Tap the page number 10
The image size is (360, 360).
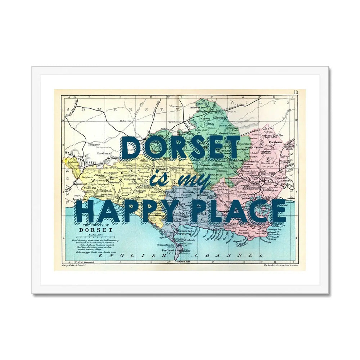point(296,93)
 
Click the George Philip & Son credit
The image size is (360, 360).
point(74,265)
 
